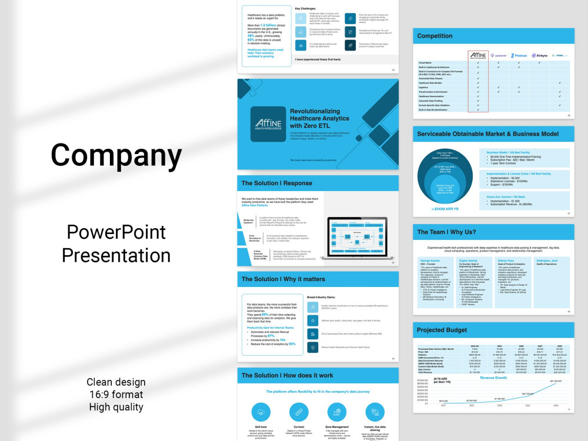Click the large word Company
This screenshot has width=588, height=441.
coord(116,156)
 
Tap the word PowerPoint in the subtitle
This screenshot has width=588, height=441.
coord(116,232)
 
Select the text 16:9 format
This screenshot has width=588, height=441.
coord(116,394)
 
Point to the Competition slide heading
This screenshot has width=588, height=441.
coord(435,36)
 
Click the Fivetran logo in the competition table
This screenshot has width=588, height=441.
coord(519,55)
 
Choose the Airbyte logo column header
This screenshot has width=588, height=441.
coord(539,55)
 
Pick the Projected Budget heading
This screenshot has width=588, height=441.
coord(442,330)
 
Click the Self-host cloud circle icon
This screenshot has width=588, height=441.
coord(261,412)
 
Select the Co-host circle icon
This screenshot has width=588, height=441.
coord(298,412)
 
